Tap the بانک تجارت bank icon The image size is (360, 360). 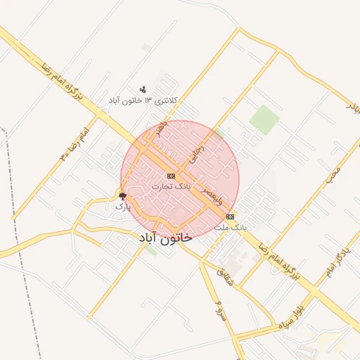[171, 175]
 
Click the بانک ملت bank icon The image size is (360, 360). [231, 217]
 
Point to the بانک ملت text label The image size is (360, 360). [231, 227]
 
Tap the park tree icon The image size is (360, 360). [122, 195]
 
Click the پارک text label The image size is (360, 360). [122, 207]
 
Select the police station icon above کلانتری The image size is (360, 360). [143, 89]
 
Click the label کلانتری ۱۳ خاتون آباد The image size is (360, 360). [143, 101]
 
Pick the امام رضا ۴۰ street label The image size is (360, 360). [75, 141]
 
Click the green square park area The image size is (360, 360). [264, 119]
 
